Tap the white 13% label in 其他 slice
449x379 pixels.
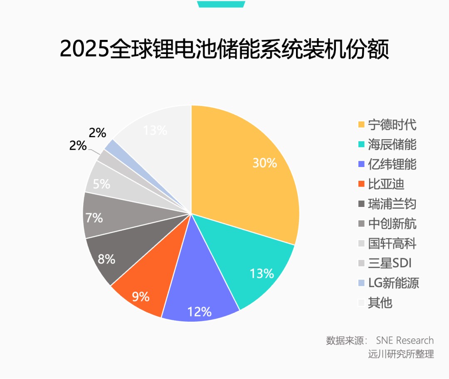click(155, 130)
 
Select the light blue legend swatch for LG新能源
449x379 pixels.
click(361, 283)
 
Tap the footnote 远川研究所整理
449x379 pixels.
click(401, 354)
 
